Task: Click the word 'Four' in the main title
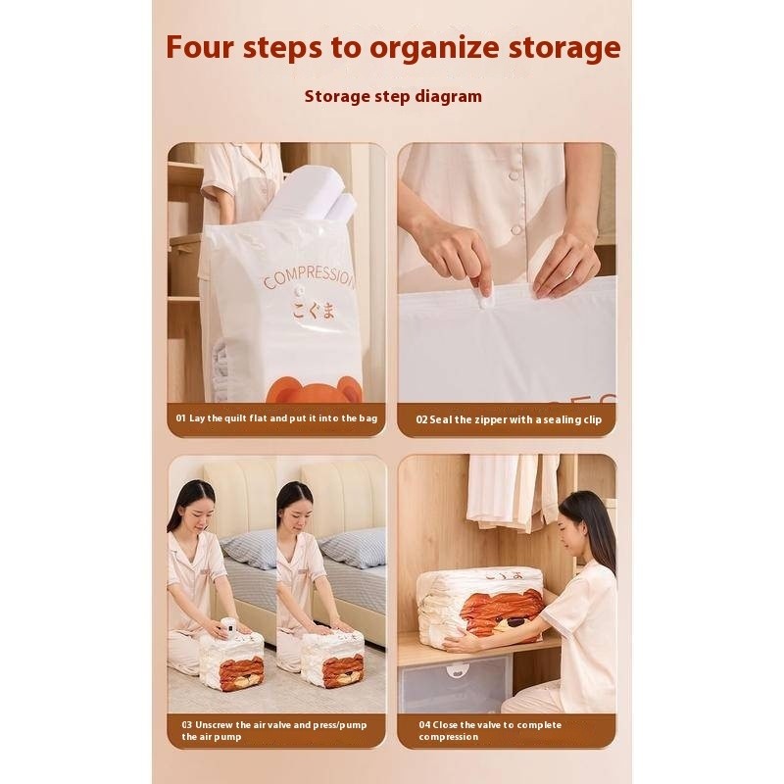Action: (x=200, y=47)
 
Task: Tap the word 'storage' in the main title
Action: (x=564, y=48)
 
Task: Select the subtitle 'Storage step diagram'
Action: (x=393, y=96)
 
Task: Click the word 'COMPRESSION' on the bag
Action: (x=309, y=277)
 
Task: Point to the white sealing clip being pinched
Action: (x=484, y=295)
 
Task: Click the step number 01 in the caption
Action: (x=180, y=418)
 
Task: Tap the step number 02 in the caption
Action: (x=421, y=419)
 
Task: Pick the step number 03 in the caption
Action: (x=187, y=724)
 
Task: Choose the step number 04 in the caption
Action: (x=424, y=724)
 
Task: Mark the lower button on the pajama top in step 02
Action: (x=516, y=230)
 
